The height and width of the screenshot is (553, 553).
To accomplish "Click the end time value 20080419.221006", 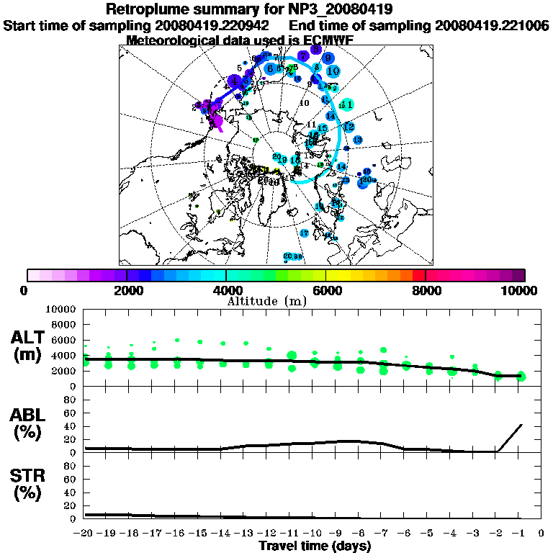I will click(492, 25).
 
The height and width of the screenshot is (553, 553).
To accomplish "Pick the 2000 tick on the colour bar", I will click(127, 290).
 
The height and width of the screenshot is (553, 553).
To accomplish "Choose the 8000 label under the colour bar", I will click(426, 290).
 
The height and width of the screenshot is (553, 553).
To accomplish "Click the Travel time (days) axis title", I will click(314, 546).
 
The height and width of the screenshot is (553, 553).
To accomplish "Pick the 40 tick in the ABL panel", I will click(71, 426).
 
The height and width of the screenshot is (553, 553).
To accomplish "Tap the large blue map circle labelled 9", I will click(328, 58).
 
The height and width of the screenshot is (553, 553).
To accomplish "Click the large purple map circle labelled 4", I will click(235, 81).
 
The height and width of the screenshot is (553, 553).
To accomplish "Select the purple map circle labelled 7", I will click(304, 55).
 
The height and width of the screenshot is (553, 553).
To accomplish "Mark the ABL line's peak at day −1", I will click(521, 425).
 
